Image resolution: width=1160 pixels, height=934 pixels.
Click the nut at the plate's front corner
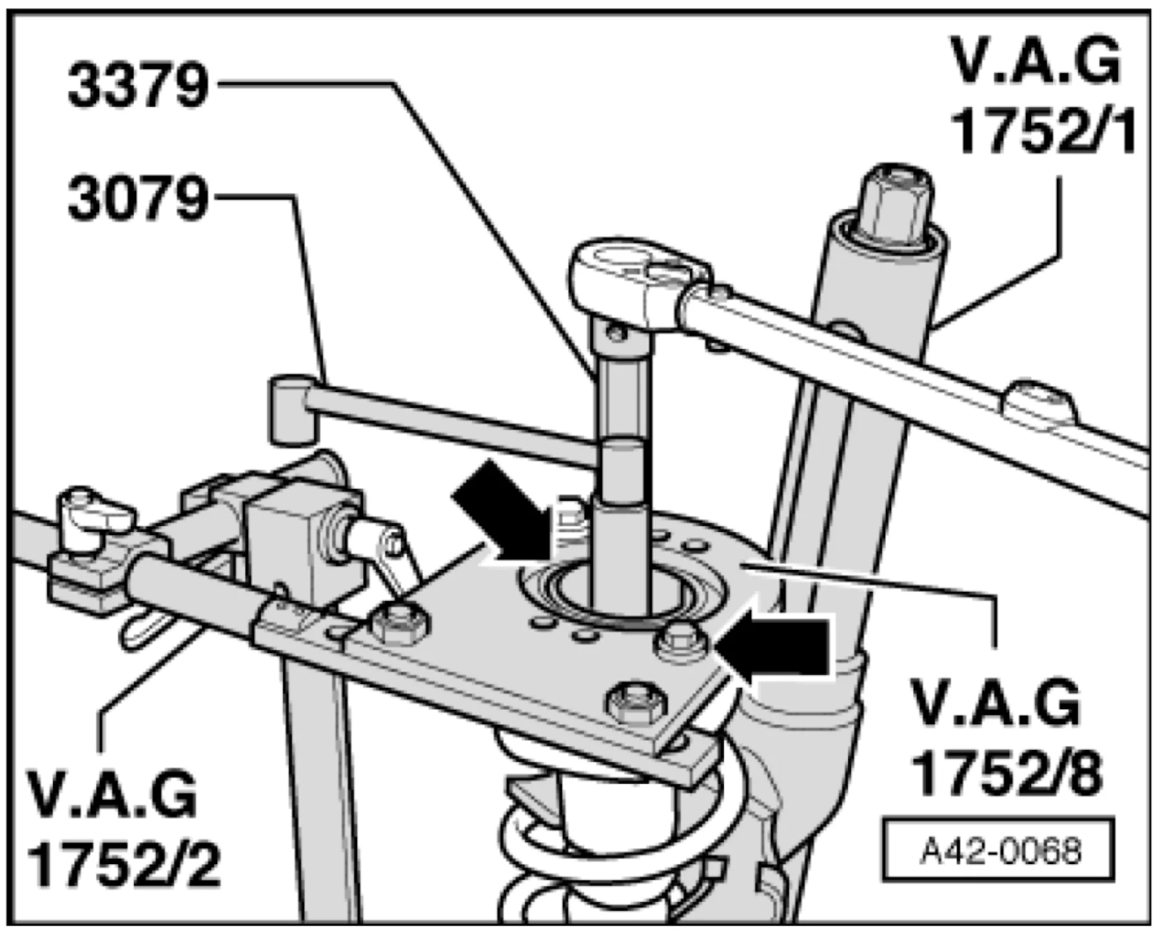638,701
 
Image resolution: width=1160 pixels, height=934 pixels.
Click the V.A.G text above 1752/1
1036,63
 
